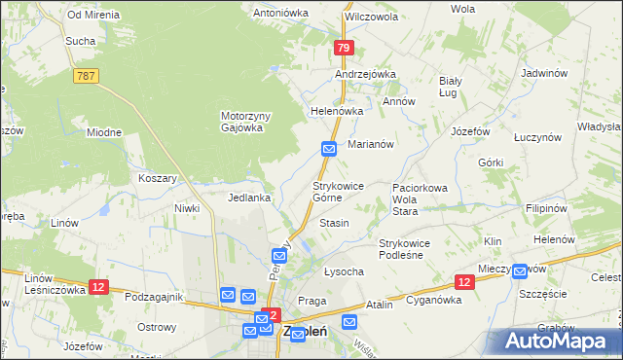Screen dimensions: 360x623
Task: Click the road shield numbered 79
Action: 342,48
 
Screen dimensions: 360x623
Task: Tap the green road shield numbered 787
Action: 84,77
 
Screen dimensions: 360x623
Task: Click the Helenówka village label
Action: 336,111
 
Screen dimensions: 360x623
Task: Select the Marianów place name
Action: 370,144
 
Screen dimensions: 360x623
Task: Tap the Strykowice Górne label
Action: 339,191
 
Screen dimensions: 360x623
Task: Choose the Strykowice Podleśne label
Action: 411,249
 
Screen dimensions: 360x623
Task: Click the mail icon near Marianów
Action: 329,148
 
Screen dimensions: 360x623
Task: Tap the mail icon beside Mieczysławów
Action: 520,271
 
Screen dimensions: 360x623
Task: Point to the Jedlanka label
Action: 248,198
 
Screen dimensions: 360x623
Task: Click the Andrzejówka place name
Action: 365,74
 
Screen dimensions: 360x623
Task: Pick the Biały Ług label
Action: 450,86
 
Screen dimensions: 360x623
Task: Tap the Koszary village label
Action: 157,178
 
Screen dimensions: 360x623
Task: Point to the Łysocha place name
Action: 343,271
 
